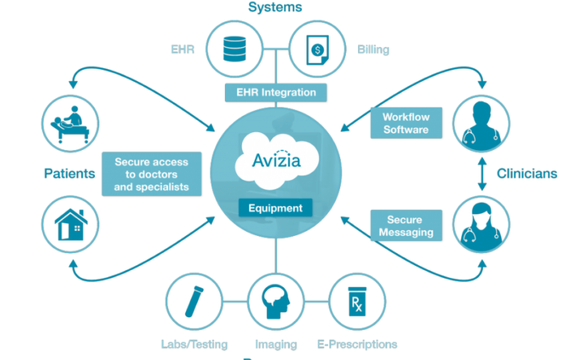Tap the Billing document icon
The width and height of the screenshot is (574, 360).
tap(318, 49)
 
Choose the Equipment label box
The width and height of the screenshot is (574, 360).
tap(275, 208)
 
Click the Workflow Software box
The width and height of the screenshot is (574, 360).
tap(406, 123)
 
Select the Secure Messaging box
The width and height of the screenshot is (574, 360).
tap(406, 226)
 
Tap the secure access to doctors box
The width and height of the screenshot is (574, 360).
tap(151, 174)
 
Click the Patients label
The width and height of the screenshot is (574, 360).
tap(70, 173)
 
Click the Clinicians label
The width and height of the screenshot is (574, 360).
tap(527, 173)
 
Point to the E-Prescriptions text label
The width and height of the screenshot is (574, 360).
tap(357, 344)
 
